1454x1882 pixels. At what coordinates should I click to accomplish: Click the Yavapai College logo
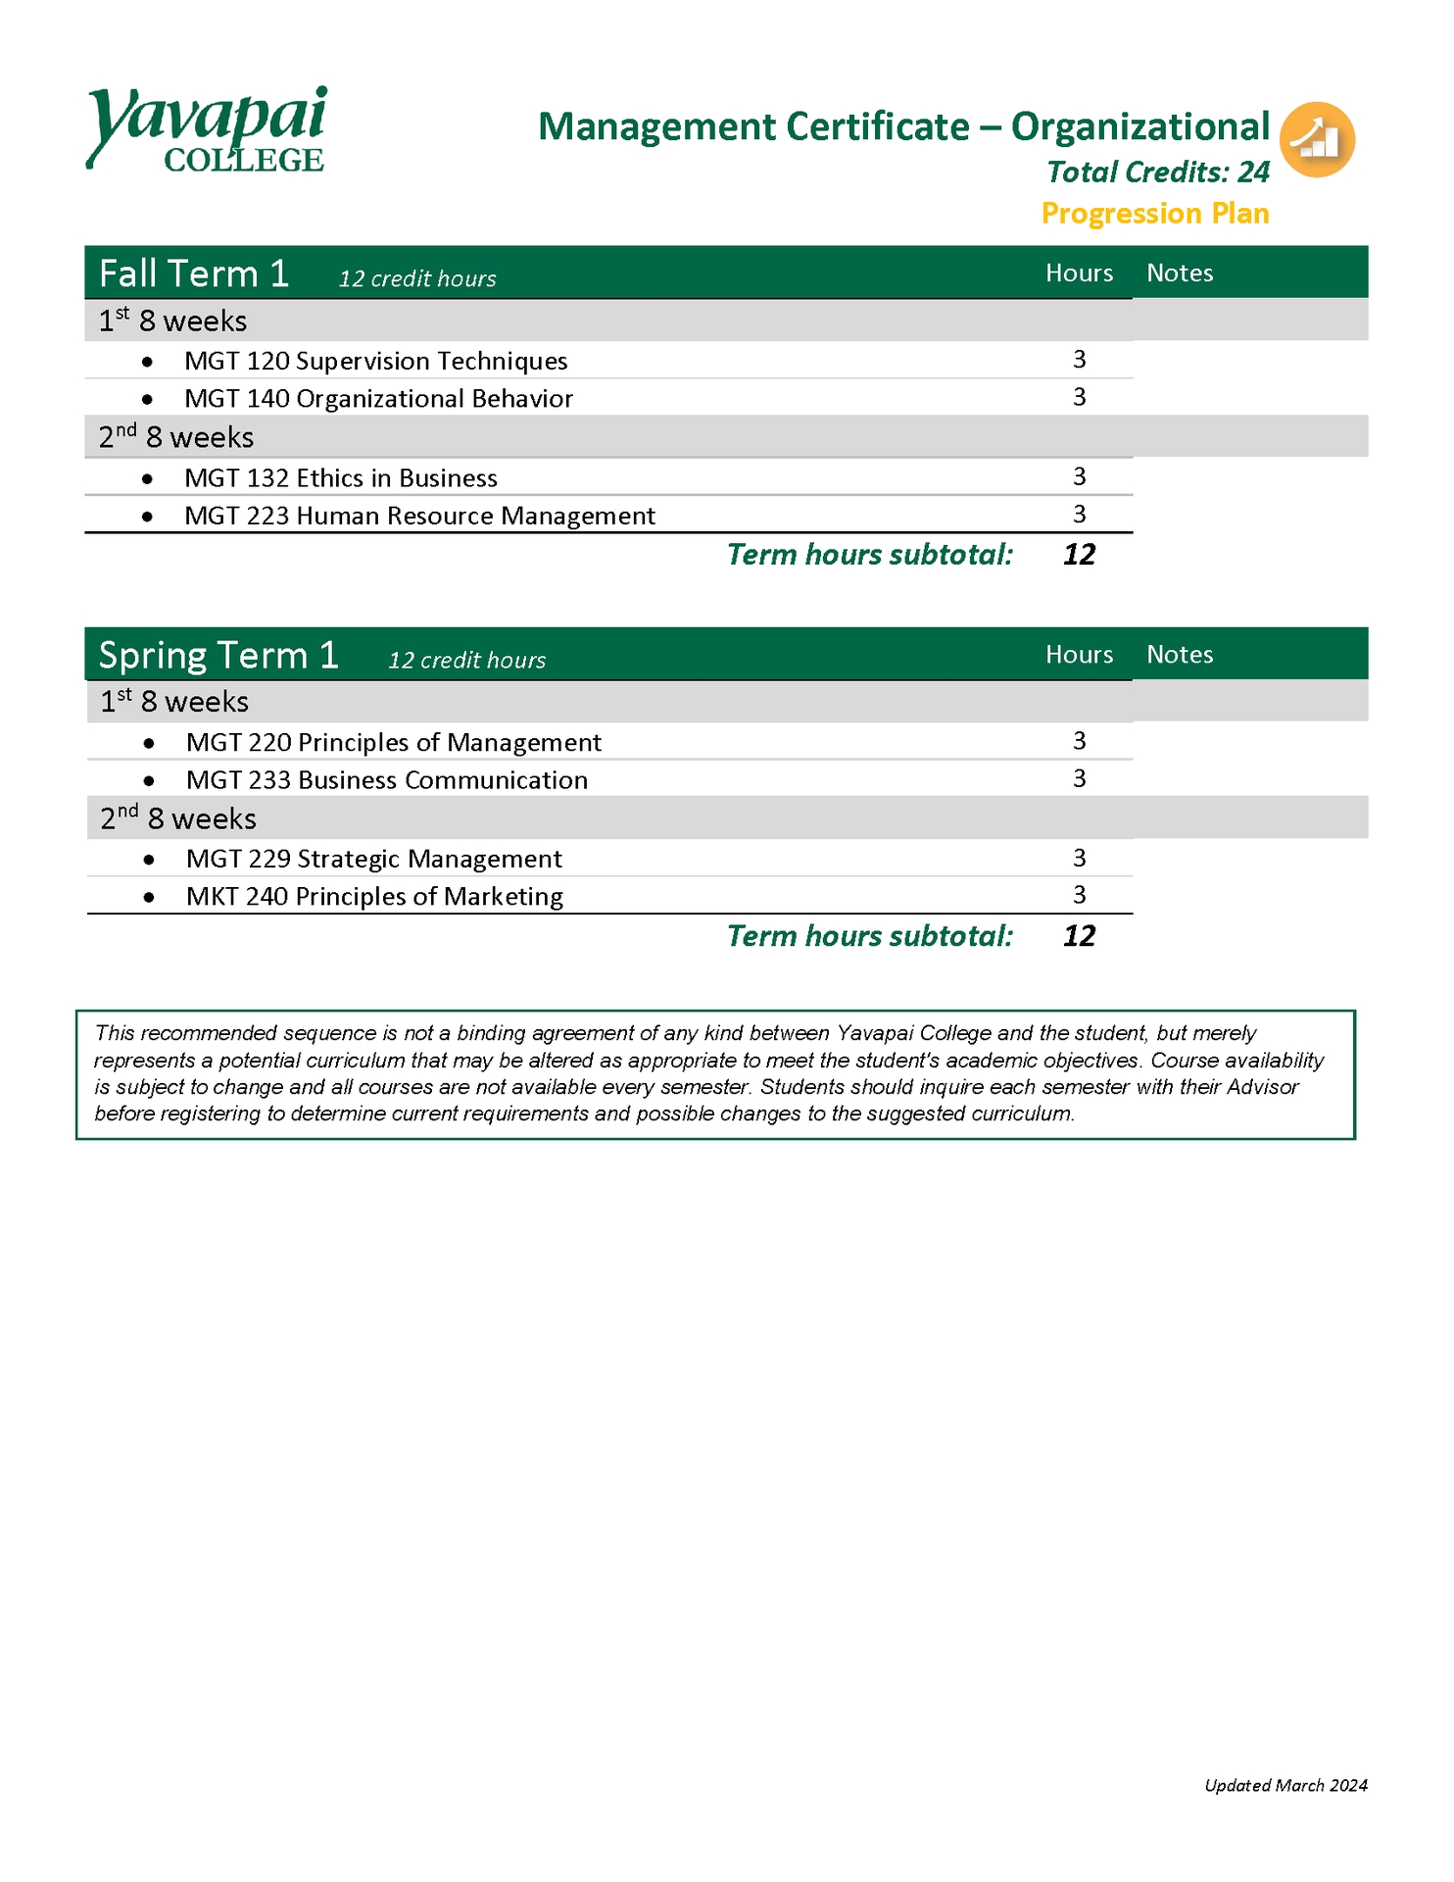[x=207, y=129]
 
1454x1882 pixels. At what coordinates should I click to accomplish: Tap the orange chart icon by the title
[x=1317, y=140]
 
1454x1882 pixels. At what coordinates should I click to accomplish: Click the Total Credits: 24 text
[x=1157, y=173]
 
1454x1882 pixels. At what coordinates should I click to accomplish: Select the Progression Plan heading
[x=1154, y=214]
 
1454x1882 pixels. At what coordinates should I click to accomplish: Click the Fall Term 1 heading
[x=194, y=273]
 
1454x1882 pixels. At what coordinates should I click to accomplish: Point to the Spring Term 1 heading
[x=218, y=655]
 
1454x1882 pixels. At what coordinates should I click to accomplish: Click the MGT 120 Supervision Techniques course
[x=375, y=361]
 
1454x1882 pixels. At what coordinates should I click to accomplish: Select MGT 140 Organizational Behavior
[x=378, y=399]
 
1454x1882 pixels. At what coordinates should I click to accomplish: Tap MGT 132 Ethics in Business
[x=340, y=478]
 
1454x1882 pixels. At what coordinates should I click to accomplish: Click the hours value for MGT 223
[x=1079, y=515]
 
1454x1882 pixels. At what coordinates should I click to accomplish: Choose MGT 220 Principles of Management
[x=393, y=742]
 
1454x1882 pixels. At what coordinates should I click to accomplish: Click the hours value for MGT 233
[x=1079, y=779]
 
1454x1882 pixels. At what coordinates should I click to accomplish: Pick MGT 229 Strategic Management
[x=373, y=859]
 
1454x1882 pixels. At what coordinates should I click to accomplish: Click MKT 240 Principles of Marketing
[x=374, y=897]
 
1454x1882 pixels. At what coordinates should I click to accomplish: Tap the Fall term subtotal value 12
[x=1079, y=555]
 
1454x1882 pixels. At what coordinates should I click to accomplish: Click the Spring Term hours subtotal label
[x=869, y=936]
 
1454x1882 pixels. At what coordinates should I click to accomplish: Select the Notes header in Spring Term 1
[x=1180, y=655]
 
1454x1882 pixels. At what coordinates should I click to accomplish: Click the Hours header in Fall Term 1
[x=1079, y=273]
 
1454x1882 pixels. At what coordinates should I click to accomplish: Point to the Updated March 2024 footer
[x=1284, y=1785]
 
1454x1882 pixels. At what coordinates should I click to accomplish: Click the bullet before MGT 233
[x=149, y=781]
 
